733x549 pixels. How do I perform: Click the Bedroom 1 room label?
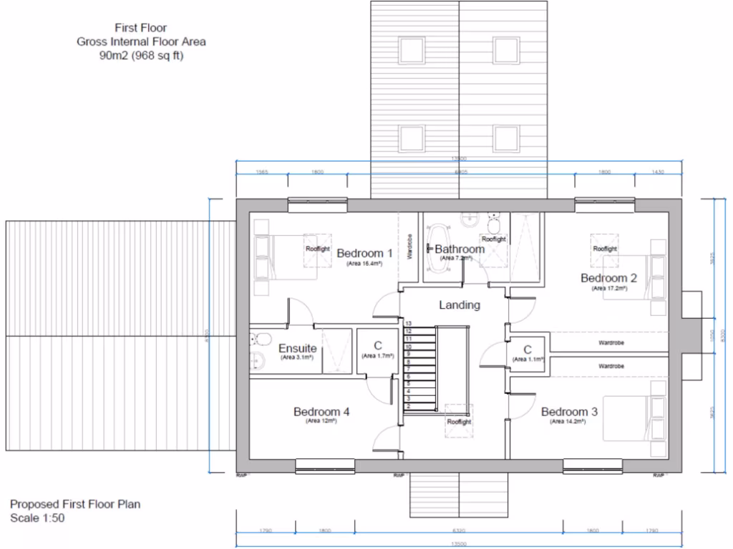pos(364,253)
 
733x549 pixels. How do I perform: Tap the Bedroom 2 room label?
pos(608,278)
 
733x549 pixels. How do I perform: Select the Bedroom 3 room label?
pos(569,412)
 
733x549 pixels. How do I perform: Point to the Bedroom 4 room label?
pos(321,412)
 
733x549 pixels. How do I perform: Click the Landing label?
pos(459,305)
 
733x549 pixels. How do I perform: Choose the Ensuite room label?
pos(298,348)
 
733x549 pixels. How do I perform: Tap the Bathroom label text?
pos(459,249)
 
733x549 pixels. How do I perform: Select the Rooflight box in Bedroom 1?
pos(317,249)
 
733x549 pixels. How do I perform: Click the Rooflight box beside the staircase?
pos(459,421)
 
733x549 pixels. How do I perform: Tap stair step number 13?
pos(408,324)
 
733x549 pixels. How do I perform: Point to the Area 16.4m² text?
pos(364,264)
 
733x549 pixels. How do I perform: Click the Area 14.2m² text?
pos(568,422)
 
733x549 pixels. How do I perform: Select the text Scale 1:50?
pos(37,518)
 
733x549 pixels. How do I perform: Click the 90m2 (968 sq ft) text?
pos(141,56)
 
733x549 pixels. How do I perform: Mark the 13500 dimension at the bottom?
pos(459,543)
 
